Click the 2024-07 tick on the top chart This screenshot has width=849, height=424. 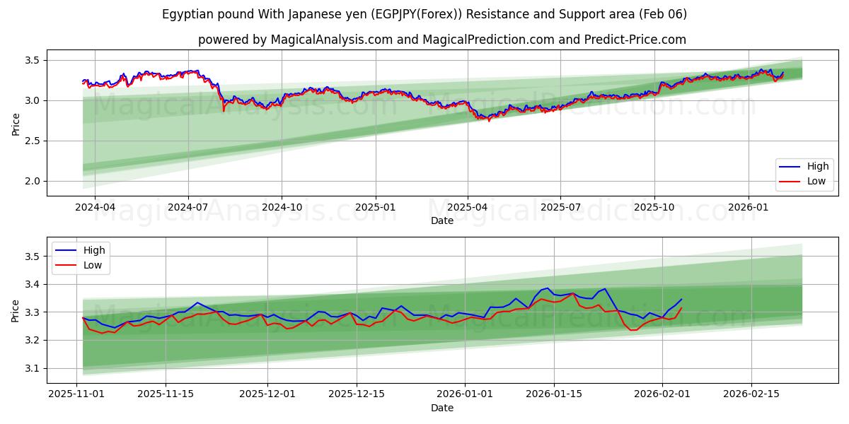coord(188,208)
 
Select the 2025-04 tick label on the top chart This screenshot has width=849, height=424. coord(468,208)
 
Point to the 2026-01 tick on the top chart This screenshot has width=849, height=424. coord(748,208)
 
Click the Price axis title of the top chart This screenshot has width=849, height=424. coord(16,124)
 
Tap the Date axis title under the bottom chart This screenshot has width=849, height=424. coord(442,408)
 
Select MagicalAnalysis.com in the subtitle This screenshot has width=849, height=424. coord(331,40)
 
